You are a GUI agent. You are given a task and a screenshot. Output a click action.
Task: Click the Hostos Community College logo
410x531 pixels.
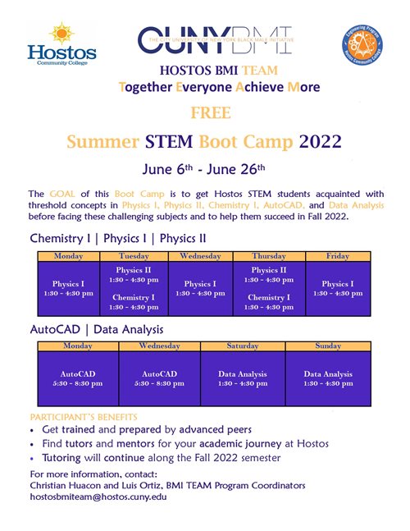(x=61, y=46)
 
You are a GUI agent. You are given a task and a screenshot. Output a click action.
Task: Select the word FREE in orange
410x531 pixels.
(x=206, y=112)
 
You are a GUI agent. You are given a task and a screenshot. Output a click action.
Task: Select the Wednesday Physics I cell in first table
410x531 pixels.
(x=200, y=288)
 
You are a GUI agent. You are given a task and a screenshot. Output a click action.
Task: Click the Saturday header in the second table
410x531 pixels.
(x=243, y=346)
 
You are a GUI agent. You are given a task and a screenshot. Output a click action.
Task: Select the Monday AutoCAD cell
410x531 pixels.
(x=78, y=378)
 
